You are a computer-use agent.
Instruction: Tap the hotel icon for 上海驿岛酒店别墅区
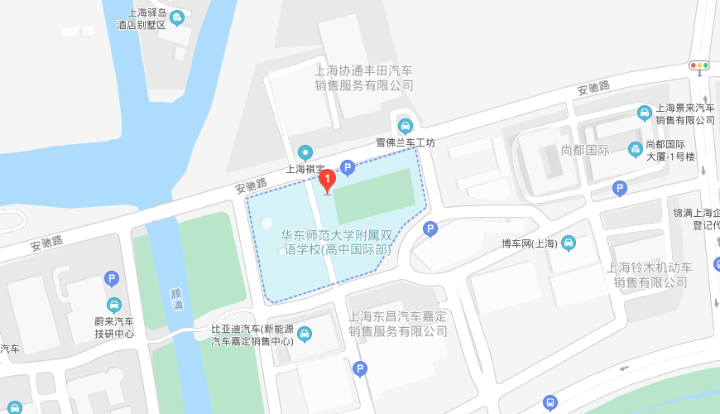tap(175, 17)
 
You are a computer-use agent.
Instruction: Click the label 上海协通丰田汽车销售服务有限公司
tap(363, 78)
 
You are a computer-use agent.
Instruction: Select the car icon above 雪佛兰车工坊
tap(405, 126)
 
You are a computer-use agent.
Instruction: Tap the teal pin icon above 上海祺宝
tap(305, 152)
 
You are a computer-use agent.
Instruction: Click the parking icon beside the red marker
tap(348, 168)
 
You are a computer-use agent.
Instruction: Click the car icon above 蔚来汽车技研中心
tap(113, 304)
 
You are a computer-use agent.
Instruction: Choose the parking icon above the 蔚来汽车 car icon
tap(112, 281)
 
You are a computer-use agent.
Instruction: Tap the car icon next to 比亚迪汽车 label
tap(305, 334)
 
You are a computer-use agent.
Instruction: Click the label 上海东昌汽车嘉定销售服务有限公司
tap(398, 324)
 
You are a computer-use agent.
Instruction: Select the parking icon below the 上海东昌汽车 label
tap(359, 368)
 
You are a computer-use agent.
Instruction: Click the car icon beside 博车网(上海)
tap(569, 243)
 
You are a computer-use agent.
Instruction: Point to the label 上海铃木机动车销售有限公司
tap(650, 275)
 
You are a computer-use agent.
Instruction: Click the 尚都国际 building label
tap(585, 150)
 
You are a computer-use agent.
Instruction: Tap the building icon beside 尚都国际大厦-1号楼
tap(635, 149)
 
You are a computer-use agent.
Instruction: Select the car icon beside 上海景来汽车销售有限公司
tap(644, 113)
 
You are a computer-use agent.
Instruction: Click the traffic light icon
tap(700, 65)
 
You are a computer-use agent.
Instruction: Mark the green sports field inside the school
tap(373, 195)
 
